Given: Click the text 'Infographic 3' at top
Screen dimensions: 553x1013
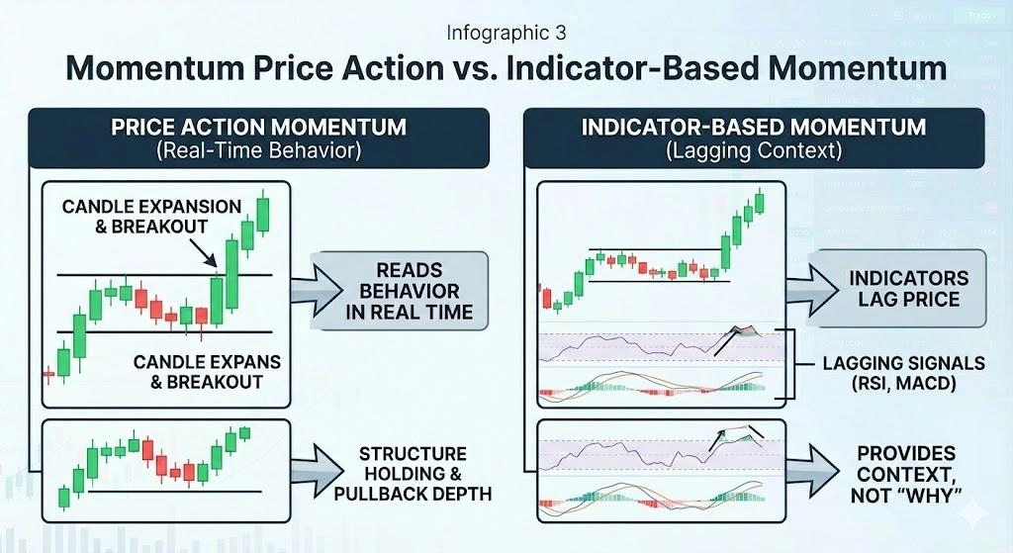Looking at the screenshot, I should pyautogui.click(x=506, y=34).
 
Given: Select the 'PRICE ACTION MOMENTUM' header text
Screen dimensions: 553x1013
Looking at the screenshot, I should pyautogui.click(x=258, y=127).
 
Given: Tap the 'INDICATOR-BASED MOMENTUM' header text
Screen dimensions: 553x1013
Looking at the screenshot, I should pyautogui.click(x=754, y=127).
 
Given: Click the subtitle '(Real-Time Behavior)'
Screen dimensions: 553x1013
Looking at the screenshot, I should pyautogui.click(x=258, y=152).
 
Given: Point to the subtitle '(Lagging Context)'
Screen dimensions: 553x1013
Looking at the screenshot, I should pyautogui.click(x=754, y=152).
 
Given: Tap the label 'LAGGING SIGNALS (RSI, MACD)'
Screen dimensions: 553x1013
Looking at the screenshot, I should pyautogui.click(x=889, y=373).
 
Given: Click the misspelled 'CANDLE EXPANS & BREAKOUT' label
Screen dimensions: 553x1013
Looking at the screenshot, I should pyautogui.click(x=201, y=373).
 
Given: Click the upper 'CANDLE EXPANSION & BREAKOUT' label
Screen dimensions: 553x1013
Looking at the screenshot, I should pyautogui.click(x=151, y=216).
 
